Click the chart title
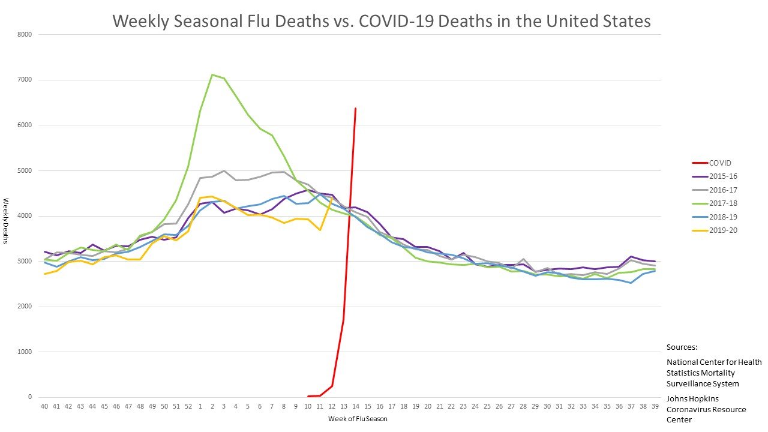[x=382, y=22]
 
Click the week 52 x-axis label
[x=188, y=406]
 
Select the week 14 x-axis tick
[x=355, y=406]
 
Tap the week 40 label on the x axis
[x=44, y=406]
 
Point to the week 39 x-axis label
[x=654, y=406]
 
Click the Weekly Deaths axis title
[x=6, y=221]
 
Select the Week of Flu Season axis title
[x=358, y=419]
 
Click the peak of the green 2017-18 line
[x=212, y=75]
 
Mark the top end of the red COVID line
[x=355, y=109]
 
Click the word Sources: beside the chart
[x=682, y=347]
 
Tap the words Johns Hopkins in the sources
[x=693, y=398]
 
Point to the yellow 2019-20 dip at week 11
[x=320, y=230]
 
